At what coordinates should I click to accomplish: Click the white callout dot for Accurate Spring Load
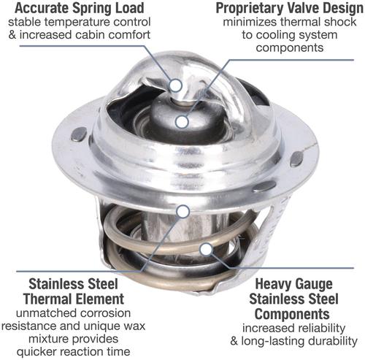175,85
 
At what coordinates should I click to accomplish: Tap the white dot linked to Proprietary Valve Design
182,122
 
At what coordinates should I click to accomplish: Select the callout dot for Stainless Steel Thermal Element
183,211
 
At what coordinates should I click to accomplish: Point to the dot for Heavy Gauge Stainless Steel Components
206,249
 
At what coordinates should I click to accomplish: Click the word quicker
36,352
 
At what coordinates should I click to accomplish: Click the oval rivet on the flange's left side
79,135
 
